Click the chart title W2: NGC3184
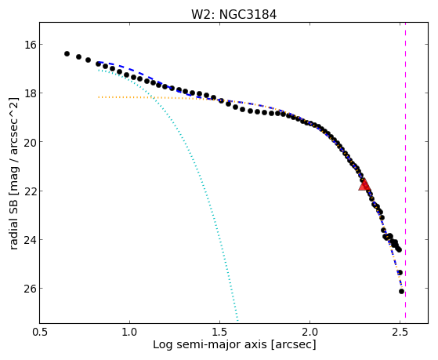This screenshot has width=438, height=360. [233, 15]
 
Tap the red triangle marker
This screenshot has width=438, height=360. [364, 184]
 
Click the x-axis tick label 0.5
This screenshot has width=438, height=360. [40, 332]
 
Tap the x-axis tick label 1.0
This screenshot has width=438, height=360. [129, 332]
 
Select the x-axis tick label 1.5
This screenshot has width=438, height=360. [220, 332]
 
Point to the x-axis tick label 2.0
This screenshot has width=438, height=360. [309, 332]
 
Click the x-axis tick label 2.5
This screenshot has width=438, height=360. [400, 332]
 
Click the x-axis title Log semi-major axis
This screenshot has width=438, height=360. [209, 344]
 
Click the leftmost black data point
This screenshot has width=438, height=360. [67, 53]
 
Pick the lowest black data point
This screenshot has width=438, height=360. [401, 291]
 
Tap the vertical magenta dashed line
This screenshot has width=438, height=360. [405, 173]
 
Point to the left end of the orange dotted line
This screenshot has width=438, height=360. [99, 97]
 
